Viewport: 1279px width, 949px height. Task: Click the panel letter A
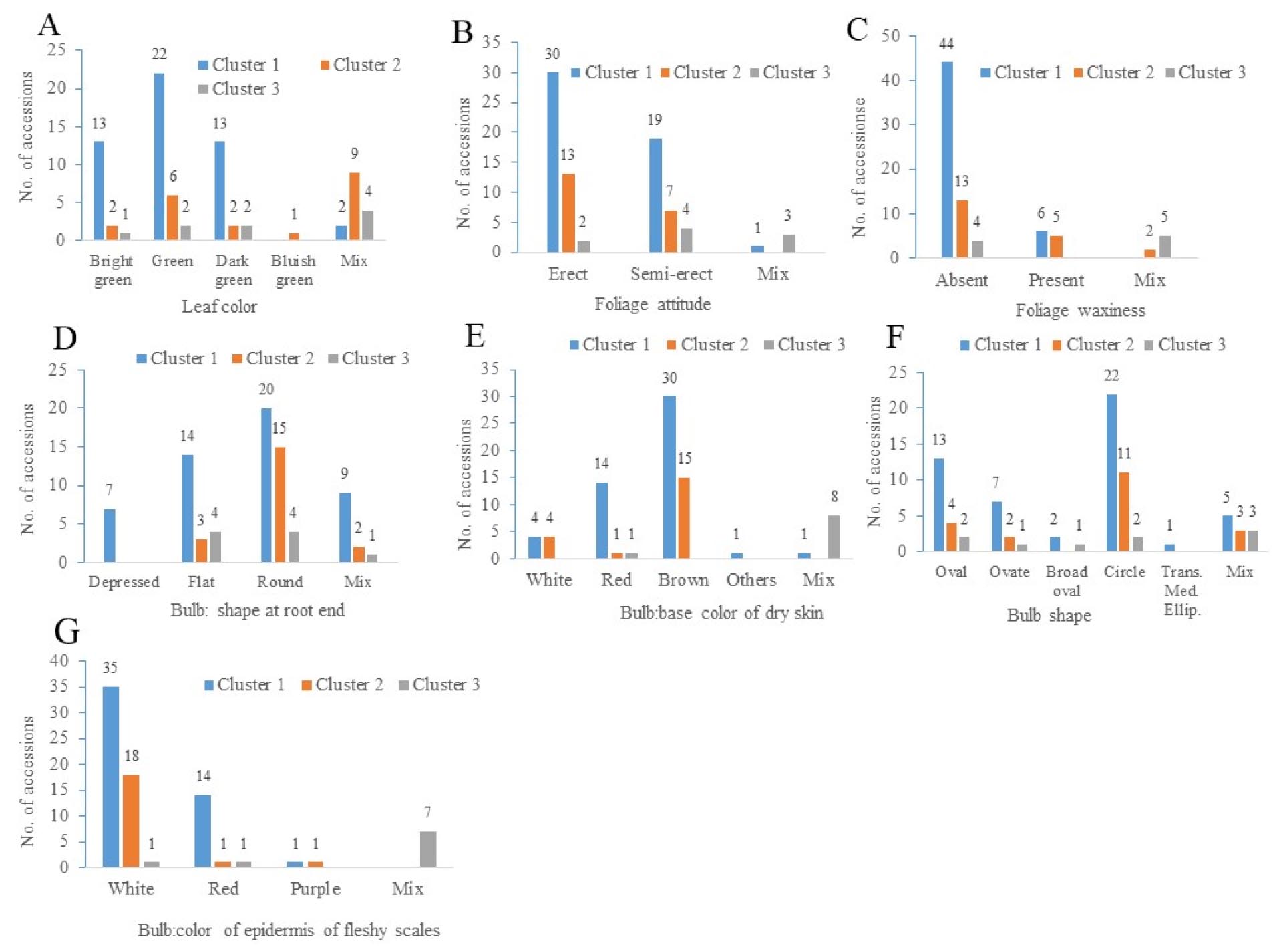point(49,25)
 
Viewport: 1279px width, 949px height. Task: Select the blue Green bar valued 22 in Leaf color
point(159,156)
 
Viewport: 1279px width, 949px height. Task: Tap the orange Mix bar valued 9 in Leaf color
point(354,206)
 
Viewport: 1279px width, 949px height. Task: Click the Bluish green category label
point(294,270)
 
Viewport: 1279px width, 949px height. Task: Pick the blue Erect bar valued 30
point(553,162)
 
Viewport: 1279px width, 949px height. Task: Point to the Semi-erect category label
point(671,274)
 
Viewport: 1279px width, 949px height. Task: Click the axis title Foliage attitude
point(653,305)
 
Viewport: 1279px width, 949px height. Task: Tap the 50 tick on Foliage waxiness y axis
point(890,35)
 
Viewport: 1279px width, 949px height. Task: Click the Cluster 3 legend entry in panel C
point(1206,72)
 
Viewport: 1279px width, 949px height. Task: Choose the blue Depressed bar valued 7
point(110,535)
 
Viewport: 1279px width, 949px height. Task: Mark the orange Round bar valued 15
point(280,505)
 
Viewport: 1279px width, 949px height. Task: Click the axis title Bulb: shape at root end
point(258,610)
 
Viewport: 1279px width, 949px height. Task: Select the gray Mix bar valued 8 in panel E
point(834,537)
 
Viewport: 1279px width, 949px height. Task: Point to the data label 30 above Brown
point(669,378)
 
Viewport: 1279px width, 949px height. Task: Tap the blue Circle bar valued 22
point(1111,472)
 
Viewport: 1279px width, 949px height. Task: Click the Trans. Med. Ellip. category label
point(1181,591)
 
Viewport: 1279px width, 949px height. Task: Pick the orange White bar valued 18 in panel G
point(131,821)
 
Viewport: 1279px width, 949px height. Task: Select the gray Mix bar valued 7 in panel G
point(428,849)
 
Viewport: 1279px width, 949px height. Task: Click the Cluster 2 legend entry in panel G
point(342,685)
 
